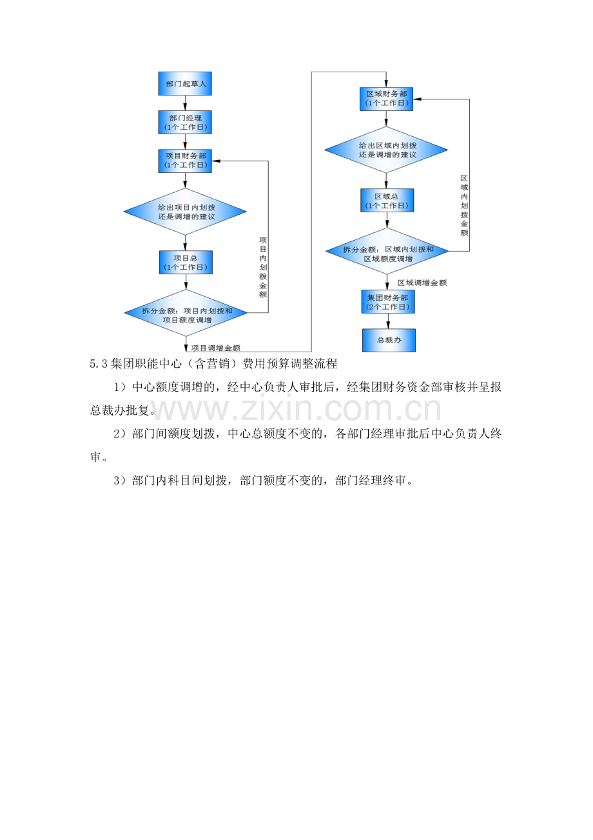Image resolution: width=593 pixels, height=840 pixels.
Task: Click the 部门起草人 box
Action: pyautogui.click(x=185, y=84)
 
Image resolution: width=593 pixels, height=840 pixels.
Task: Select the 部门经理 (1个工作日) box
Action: pyautogui.click(x=185, y=122)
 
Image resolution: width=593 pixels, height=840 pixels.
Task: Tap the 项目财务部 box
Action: pyautogui.click(x=185, y=161)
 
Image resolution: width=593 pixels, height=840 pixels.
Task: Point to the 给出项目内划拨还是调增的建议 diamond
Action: pyautogui.click(x=185, y=212)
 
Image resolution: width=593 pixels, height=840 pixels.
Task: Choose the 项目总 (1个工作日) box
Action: pyautogui.click(x=186, y=263)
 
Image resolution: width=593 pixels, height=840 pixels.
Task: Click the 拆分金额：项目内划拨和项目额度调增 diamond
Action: pyautogui.click(x=186, y=313)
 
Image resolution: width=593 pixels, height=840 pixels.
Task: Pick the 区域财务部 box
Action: pyautogui.click(x=386, y=99)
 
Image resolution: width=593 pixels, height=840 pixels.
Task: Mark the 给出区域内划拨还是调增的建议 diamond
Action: pyautogui.click(x=386, y=150)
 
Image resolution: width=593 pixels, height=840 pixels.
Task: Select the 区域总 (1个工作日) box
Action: pyautogui.click(x=387, y=200)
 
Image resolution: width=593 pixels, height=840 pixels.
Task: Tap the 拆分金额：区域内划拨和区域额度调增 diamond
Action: pyautogui.click(x=387, y=251)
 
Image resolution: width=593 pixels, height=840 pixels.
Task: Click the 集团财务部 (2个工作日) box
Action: pyautogui.click(x=388, y=301)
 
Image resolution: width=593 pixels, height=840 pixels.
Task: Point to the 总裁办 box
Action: pyautogui.click(x=389, y=341)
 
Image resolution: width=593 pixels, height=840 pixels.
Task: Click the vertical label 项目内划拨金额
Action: pyautogui.click(x=263, y=267)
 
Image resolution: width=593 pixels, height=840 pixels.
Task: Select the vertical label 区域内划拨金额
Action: pyautogui.click(x=464, y=206)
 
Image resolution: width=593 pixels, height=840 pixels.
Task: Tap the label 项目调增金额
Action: pyautogui.click(x=216, y=348)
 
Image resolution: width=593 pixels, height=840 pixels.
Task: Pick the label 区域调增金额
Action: pyautogui.click(x=422, y=283)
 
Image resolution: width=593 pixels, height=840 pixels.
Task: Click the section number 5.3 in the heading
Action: pyautogui.click(x=99, y=364)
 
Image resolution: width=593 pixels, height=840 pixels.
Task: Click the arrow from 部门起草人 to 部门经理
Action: pyautogui.click(x=185, y=103)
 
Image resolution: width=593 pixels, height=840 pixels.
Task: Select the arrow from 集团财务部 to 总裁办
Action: pyautogui.click(x=388, y=321)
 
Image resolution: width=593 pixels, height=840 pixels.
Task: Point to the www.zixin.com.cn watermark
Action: pyautogui.click(x=296, y=409)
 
